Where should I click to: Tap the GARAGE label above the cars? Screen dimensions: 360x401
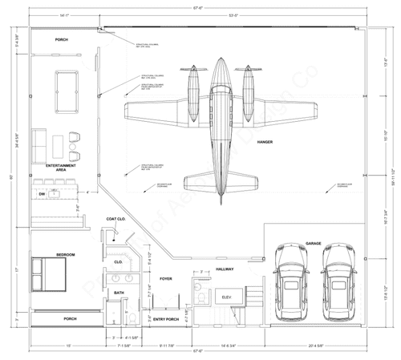(313, 243)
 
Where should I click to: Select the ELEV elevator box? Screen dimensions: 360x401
(227, 298)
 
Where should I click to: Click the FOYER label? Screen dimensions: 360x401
(166, 279)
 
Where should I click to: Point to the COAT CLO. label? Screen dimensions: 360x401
(117, 219)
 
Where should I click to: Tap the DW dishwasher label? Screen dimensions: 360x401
(41, 193)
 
